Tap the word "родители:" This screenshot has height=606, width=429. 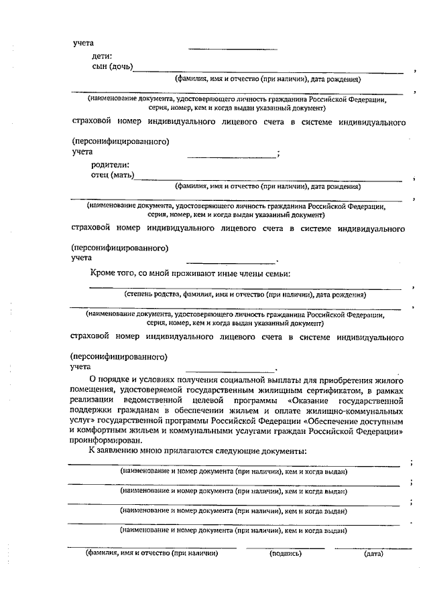(x=111, y=165)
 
